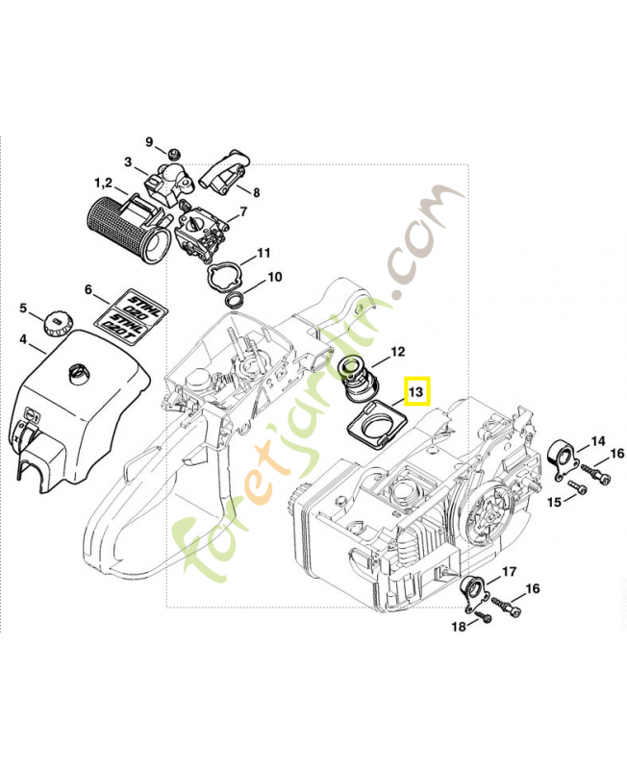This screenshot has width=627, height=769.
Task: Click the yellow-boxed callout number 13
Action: (416, 392)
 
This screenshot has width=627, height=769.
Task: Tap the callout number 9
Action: (149, 142)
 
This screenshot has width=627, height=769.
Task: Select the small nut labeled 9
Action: (172, 155)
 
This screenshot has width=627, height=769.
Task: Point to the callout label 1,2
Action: (103, 184)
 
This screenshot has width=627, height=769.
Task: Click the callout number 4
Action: (23, 339)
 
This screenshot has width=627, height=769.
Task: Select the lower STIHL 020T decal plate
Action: (124, 326)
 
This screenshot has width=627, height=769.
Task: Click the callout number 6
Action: (88, 290)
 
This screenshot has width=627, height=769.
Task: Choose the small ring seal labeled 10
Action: (234, 299)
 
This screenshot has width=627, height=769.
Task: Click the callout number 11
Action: (263, 253)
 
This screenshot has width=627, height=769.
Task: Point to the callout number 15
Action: (554, 502)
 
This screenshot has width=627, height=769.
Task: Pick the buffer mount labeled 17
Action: (474, 592)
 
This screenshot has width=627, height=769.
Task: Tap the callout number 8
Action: (256, 193)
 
